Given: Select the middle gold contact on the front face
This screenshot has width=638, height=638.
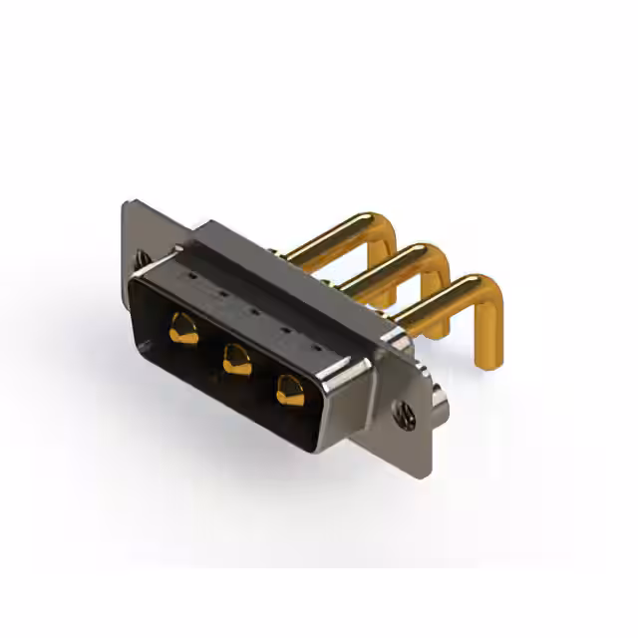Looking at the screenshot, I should (x=236, y=357).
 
